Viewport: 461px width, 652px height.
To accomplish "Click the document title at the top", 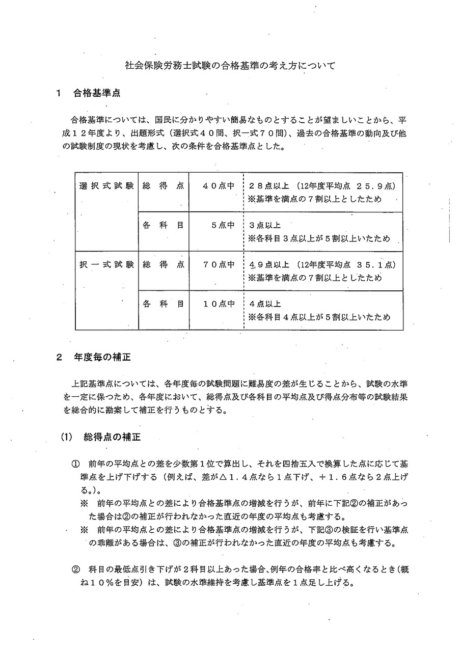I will pos(230,66).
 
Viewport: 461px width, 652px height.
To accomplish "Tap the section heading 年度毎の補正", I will pos(102,357).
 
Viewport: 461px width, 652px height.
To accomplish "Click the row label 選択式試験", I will pos(106,185).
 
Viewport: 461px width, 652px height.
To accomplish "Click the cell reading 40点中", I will pos(219,185).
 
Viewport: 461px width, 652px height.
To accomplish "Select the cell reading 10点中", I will pos(219,304).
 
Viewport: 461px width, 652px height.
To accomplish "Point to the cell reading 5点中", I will pos(223,225).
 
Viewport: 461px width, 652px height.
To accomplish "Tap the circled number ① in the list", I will pos(75,465).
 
